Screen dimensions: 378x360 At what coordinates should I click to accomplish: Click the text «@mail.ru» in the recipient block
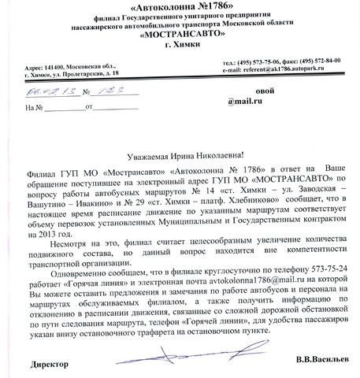click(247, 102)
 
